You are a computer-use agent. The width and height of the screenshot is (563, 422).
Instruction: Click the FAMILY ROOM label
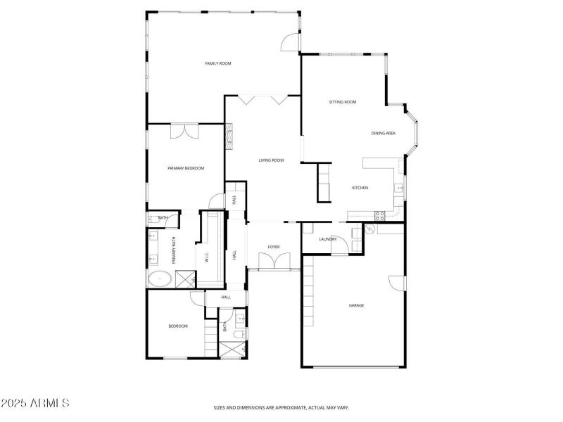pyautogui.click(x=218, y=64)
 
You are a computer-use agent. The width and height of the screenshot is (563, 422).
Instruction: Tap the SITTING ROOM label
pyautogui.click(x=343, y=102)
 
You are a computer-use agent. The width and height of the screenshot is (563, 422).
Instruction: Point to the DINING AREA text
pyautogui.click(x=384, y=133)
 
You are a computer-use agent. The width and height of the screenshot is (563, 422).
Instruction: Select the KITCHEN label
pyautogui.click(x=360, y=188)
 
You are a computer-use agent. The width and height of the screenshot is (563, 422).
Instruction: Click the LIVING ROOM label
pyautogui.click(x=271, y=160)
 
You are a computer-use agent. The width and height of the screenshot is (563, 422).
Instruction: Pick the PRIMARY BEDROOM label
pyautogui.click(x=186, y=168)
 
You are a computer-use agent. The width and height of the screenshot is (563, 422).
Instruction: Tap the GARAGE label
pyautogui.click(x=357, y=305)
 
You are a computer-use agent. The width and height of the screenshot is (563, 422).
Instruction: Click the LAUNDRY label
pyautogui.click(x=328, y=239)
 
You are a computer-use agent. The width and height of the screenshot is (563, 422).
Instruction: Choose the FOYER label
pyautogui.click(x=274, y=247)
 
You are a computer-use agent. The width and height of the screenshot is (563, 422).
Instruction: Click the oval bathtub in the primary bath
pyautogui.click(x=161, y=279)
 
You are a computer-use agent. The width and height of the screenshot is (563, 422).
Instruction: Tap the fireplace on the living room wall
pyautogui.click(x=229, y=136)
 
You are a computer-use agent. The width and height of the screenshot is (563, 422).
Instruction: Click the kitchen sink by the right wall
pyautogui.click(x=399, y=188)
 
